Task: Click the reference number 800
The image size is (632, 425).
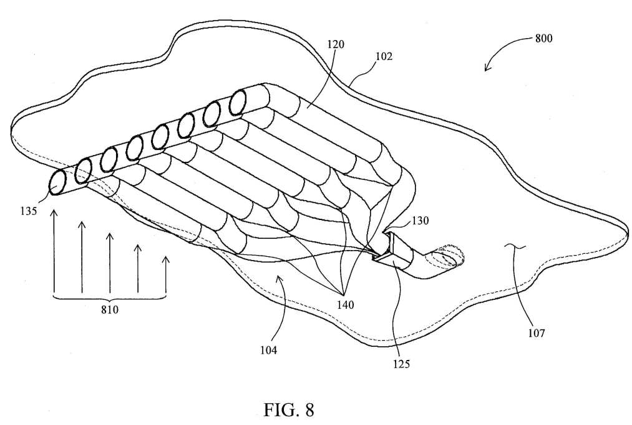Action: point(543,39)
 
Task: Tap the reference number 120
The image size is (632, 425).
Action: point(336,44)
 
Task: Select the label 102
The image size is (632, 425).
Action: point(383,56)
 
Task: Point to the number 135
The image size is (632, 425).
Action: point(29,211)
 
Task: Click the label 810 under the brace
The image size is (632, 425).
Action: point(110,310)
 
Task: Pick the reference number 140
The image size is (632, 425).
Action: point(346,304)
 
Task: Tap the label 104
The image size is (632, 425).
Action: point(268,351)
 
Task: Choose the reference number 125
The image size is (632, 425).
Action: point(401,364)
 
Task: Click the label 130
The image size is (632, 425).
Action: point(420,221)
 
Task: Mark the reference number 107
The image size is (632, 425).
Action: point(537,333)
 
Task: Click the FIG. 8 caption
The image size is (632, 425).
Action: point(289,409)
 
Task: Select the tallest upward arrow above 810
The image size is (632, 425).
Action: point(54,250)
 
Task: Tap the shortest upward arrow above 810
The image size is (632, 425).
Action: point(165,274)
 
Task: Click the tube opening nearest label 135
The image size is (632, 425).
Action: point(59,183)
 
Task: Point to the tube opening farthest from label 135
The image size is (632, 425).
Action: point(238,102)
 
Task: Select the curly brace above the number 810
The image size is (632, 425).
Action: point(110,298)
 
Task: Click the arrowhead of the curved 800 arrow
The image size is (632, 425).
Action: point(487,67)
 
